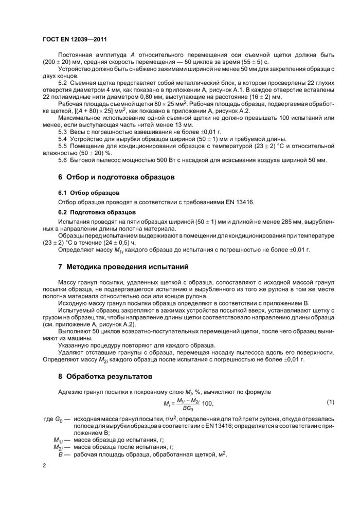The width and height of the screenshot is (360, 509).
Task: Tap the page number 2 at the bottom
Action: pos(44,466)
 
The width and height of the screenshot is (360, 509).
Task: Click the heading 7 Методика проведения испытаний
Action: pos(123,267)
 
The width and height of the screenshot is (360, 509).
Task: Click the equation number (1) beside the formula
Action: pos(330,401)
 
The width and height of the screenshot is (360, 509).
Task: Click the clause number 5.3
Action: pos(64,132)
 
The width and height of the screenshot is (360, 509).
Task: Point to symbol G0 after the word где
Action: pos(58,420)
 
